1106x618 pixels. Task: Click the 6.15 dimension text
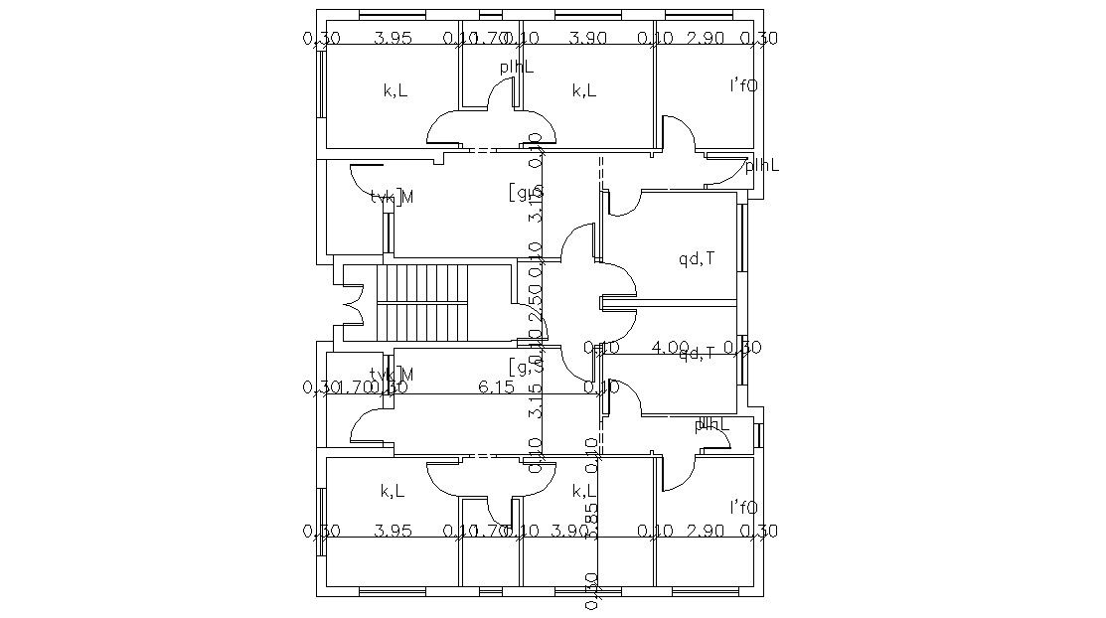(496, 387)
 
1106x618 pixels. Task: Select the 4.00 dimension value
(670, 348)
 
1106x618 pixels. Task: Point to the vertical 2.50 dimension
(535, 301)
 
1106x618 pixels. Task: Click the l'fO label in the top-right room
(743, 86)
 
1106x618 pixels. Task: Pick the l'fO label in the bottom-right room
(743, 507)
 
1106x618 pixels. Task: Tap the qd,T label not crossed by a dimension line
(697, 260)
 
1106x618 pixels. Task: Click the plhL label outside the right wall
(762, 165)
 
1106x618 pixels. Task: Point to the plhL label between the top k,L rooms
(517, 67)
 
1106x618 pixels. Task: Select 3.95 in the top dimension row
(393, 39)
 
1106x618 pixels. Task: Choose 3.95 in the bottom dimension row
(393, 532)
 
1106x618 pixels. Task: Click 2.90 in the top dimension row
(705, 39)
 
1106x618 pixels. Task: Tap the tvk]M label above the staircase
(392, 197)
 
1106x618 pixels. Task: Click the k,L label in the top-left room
(395, 91)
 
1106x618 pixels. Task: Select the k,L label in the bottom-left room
(393, 491)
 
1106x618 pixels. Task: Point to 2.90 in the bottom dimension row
(705, 532)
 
